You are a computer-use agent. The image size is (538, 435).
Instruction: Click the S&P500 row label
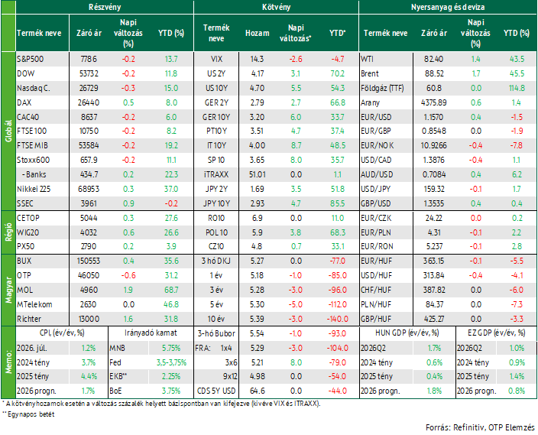[x=31, y=59]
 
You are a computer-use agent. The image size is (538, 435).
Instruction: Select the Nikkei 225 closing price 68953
[x=89, y=189]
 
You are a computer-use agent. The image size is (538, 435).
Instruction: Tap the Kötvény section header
[x=276, y=7]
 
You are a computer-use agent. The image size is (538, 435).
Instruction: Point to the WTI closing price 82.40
[x=434, y=59]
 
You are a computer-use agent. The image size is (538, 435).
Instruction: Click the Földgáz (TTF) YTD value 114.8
[x=517, y=88]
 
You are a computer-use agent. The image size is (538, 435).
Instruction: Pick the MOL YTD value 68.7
[x=171, y=290]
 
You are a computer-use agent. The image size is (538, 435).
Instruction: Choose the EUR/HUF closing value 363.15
[x=434, y=261]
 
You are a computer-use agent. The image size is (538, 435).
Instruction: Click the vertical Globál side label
[x=8, y=131]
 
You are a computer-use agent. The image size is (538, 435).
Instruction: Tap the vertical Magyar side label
[x=8, y=290]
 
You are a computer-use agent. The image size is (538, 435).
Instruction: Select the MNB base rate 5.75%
[x=171, y=348]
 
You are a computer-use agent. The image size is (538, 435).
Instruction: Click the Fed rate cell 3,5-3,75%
[x=171, y=362]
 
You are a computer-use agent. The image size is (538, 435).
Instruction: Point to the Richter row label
[x=29, y=319]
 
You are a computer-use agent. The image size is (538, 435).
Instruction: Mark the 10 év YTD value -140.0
[x=337, y=319]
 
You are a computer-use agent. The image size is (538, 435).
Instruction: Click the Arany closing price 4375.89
[x=434, y=102]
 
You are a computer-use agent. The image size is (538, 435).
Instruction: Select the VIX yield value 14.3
[x=257, y=59]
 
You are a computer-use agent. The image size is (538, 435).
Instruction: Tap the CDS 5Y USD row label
[x=216, y=391]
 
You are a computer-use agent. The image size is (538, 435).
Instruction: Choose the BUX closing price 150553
[x=89, y=261]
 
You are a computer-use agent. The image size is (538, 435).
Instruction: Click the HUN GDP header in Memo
[x=407, y=333]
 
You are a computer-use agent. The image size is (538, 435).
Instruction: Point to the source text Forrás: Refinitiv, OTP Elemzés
[x=480, y=427]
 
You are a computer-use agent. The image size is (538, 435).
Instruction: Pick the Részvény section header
[x=105, y=7]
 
